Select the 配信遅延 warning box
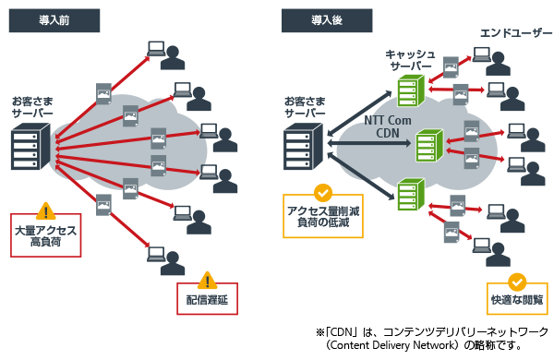pos(207,299)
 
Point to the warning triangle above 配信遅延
pos(207,279)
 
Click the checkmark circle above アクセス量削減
pos(323,192)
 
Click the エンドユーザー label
pos(510,33)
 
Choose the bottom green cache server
pos(408,195)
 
